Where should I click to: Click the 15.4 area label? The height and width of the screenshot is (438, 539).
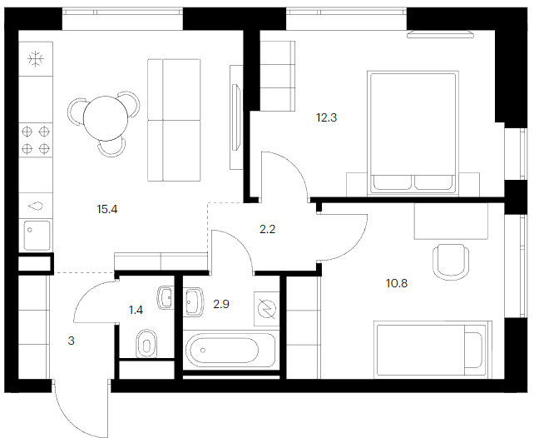click(107, 209)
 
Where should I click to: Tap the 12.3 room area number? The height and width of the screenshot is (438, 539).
click(327, 118)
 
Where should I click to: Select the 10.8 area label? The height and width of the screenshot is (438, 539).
click(397, 283)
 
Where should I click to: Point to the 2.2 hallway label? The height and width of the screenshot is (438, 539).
click(268, 229)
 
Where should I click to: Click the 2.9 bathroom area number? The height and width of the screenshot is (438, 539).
click(221, 304)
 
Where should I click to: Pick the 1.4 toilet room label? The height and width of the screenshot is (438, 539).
click(136, 311)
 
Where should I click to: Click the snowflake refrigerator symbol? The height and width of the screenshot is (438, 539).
click(36, 59)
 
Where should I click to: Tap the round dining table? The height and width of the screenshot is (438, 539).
click(106, 118)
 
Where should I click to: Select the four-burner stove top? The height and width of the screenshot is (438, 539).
click(36, 140)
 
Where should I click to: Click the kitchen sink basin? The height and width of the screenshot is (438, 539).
click(37, 236)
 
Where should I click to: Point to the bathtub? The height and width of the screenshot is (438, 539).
click(229, 351)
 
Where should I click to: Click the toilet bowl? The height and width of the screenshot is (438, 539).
click(146, 344)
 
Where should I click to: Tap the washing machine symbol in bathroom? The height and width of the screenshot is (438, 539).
click(267, 309)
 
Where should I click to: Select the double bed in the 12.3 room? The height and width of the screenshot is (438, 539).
click(413, 133)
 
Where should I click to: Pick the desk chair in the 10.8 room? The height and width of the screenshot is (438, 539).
click(451, 261)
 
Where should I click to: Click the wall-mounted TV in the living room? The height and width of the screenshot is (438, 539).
click(236, 117)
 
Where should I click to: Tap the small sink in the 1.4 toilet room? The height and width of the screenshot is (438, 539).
click(166, 297)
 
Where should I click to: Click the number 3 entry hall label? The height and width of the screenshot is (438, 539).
click(72, 341)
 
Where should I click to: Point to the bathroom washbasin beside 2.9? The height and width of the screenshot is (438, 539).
click(193, 302)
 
